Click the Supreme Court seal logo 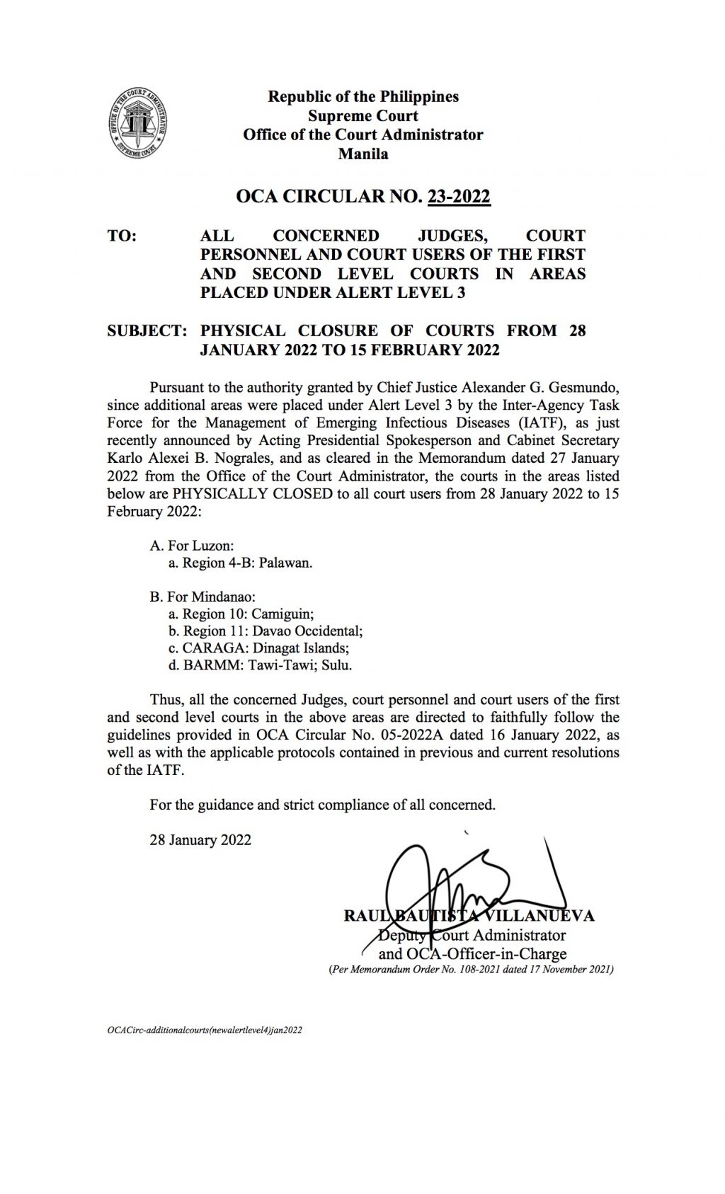click(139, 125)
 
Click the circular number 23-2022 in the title click(459, 196)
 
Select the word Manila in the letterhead click(362, 154)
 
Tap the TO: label click(122, 236)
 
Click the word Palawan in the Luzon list click(287, 563)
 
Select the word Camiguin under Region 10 click(283, 614)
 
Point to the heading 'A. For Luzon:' click(192, 546)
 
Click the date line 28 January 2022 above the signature click(200, 840)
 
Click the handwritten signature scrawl click(453, 881)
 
